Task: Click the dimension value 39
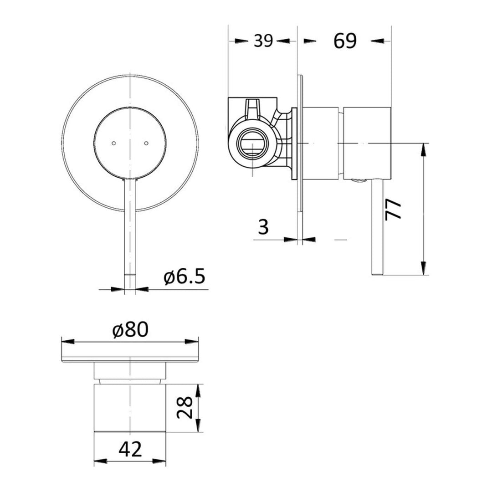pyautogui.click(x=263, y=41)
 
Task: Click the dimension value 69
pyautogui.click(x=345, y=41)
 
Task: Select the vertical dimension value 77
pyautogui.click(x=393, y=209)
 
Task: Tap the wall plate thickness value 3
pyautogui.click(x=263, y=226)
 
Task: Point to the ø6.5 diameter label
pyautogui.click(x=185, y=277)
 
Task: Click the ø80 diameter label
pyautogui.click(x=130, y=330)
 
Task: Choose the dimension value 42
pyautogui.click(x=130, y=450)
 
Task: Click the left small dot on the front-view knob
pyautogui.click(x=113, y=143)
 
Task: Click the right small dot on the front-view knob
pyautogui.click(x=146, y=143)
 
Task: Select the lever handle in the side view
pyautogui.click(x=377, y=228)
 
